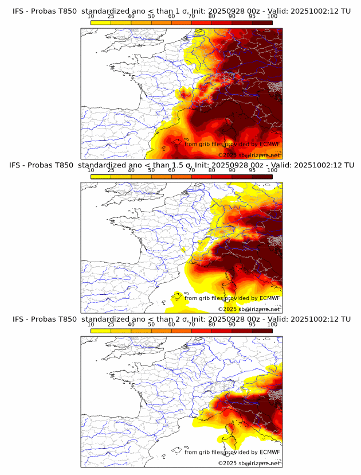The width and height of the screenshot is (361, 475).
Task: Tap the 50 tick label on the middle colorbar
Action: [x=151, y=170]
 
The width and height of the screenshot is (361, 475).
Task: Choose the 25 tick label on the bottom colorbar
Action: [x=111, y=324]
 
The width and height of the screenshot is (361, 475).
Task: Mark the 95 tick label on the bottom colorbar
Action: [x=252, y=324]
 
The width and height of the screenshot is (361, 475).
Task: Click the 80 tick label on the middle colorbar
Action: [x=212, y=170]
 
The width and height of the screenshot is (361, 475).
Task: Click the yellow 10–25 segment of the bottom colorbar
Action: [x=101, y=330]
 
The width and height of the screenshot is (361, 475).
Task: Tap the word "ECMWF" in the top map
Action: [x=269, y=144]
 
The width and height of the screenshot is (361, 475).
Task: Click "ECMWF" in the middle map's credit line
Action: [x=269, y=298]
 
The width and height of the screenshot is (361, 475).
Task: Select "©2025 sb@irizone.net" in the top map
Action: [x=249, y=155]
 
